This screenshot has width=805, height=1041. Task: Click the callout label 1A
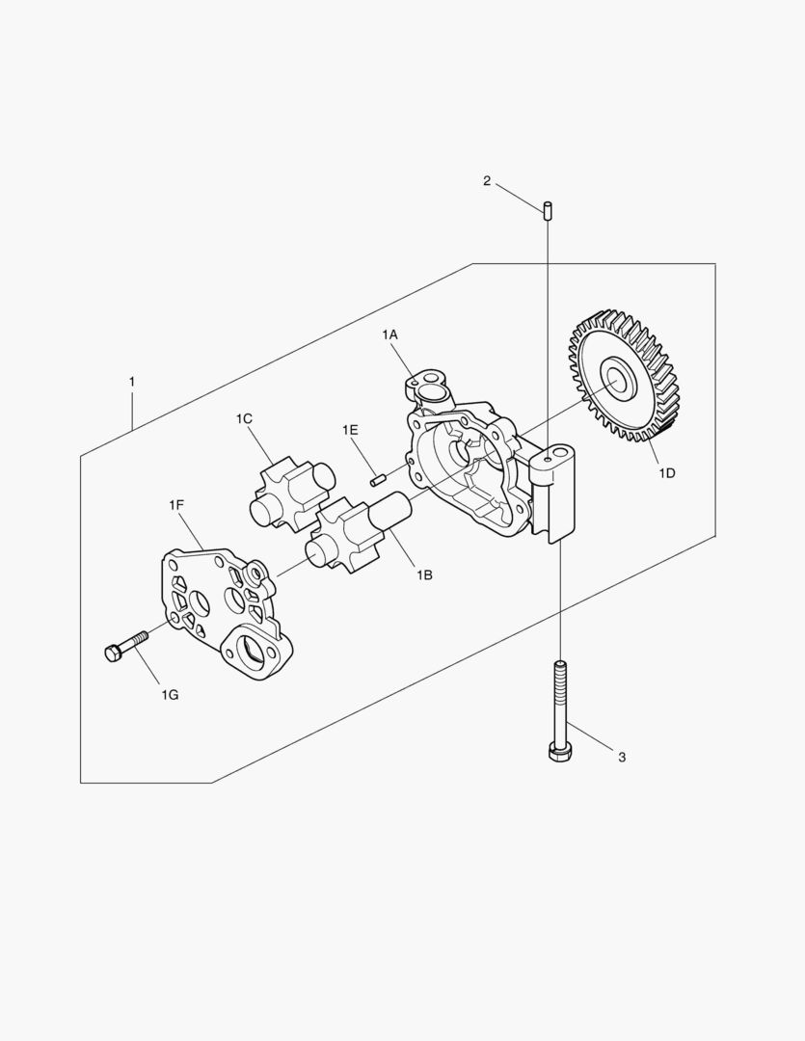coord(389,335)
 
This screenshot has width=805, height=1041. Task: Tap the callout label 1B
coord(424,574)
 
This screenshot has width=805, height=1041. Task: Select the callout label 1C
coord(244,419)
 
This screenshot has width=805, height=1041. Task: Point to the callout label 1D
coord(667,472)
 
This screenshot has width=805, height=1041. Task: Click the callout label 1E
coord(350,430)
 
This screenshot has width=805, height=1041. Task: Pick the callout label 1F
coord(175,506)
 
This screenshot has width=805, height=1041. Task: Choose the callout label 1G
coord(170,695)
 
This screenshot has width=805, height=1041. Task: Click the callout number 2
coord(487,180)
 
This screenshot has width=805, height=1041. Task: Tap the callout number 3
coord(622,757)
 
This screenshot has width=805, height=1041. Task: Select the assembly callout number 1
coord(131,382)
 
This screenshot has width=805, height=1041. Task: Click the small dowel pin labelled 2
coord(548,209)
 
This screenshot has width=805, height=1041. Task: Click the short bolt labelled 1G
coord(126,645)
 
